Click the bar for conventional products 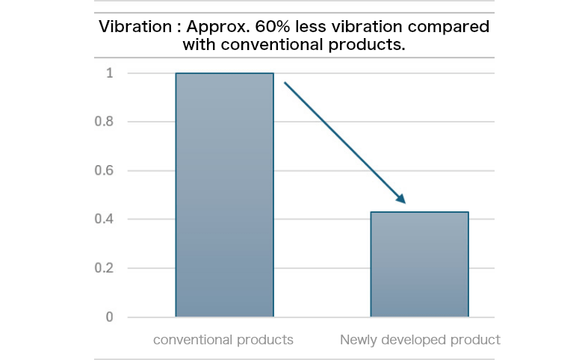pos(224,195)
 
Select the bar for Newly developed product pos(419,264)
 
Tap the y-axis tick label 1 pos(109,73)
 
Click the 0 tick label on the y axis pos(109,317)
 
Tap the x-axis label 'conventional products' pos(223,340)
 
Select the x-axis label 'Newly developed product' pos(420,340)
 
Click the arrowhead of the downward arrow pos(401,199)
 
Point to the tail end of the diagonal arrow pos(285,84)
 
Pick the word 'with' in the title pos(197,44)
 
